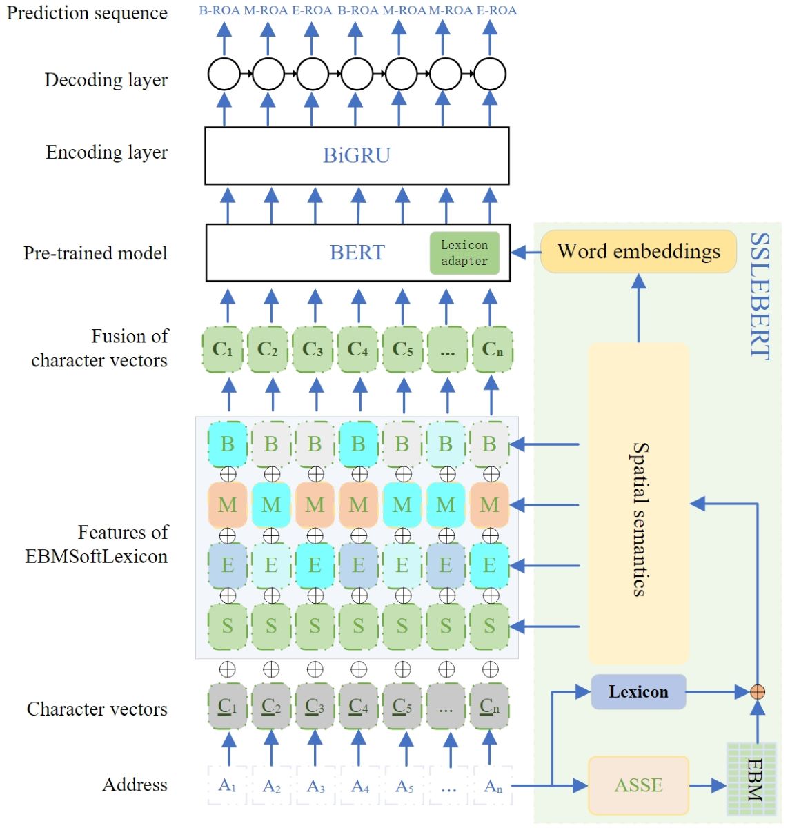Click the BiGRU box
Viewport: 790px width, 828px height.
coord(357,155)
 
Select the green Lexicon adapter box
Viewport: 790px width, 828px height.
coord(464,253)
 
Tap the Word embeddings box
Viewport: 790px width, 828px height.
coord(638,251)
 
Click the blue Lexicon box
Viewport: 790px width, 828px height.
coord(638,691)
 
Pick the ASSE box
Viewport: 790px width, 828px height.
coord(638,785)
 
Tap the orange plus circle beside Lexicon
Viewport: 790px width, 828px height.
coord(758,691)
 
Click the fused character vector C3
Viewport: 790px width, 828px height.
coord(313,349)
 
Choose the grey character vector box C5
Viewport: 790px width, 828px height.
coord(402,707)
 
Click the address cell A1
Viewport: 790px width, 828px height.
coord(228,785)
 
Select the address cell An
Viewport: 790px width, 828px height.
coord(493,785)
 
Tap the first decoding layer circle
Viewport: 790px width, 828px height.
coord(224,74)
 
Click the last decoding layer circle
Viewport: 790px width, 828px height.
coord(490,74)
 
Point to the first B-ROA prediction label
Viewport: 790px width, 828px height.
coord(219,10)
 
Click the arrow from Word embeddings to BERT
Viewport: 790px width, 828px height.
coord(526,253)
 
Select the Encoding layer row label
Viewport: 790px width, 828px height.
coord(107,152)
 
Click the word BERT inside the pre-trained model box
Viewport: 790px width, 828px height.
coord(357,253)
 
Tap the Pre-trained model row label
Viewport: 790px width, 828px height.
coord(95,253)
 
